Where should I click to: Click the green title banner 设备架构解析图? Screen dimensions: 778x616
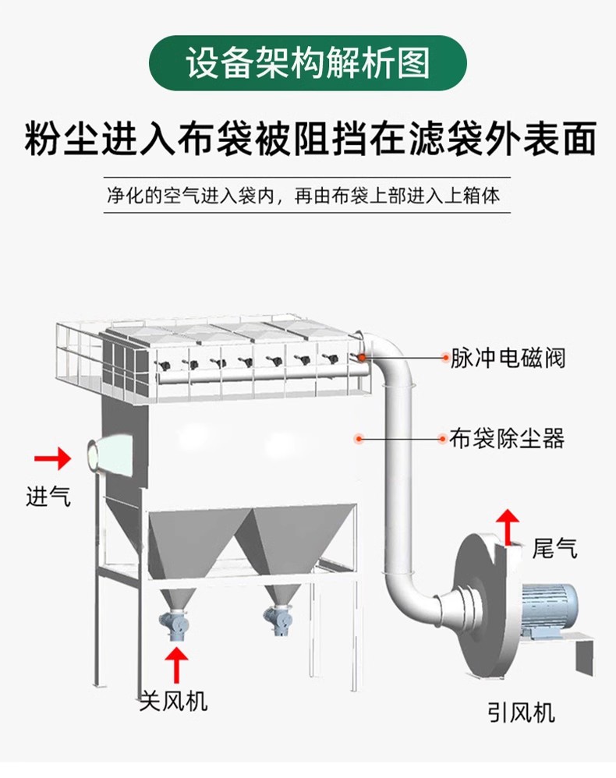(x=307, y=63)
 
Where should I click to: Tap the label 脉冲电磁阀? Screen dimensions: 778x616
(x=508, y=359)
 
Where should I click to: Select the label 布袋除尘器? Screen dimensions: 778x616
(x=507, y=439)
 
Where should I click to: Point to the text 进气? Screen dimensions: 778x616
(x=48, y=496)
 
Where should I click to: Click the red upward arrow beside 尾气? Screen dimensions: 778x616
(x=508, y=527)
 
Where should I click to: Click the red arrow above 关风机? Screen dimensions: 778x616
(x=177, y=664)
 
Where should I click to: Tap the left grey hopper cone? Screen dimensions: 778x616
(x=194, y=546)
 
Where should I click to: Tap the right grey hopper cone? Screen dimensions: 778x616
(x=293, y=546)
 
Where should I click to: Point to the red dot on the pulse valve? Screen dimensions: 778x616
(x=363, y=357)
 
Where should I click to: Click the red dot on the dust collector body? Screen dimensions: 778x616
(x=359, y=438)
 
